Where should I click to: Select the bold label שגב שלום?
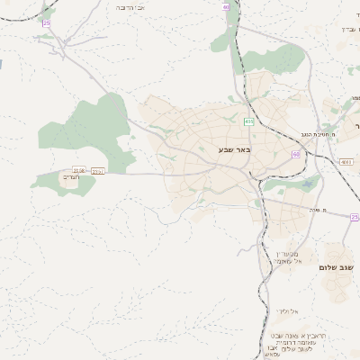[x=338, y=269]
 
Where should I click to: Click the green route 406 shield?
[x=248, y=121]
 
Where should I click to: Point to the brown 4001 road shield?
[x=346, y=162]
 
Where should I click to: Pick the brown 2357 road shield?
[x=98, y=170]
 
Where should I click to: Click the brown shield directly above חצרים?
[x=78, y=169]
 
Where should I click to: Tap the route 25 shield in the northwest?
[x=46, y=35]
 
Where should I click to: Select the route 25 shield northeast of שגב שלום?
[x=355, y=217]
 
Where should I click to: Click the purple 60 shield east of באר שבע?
[x=295, y=154]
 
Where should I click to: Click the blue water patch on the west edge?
[x=2, y=66]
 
